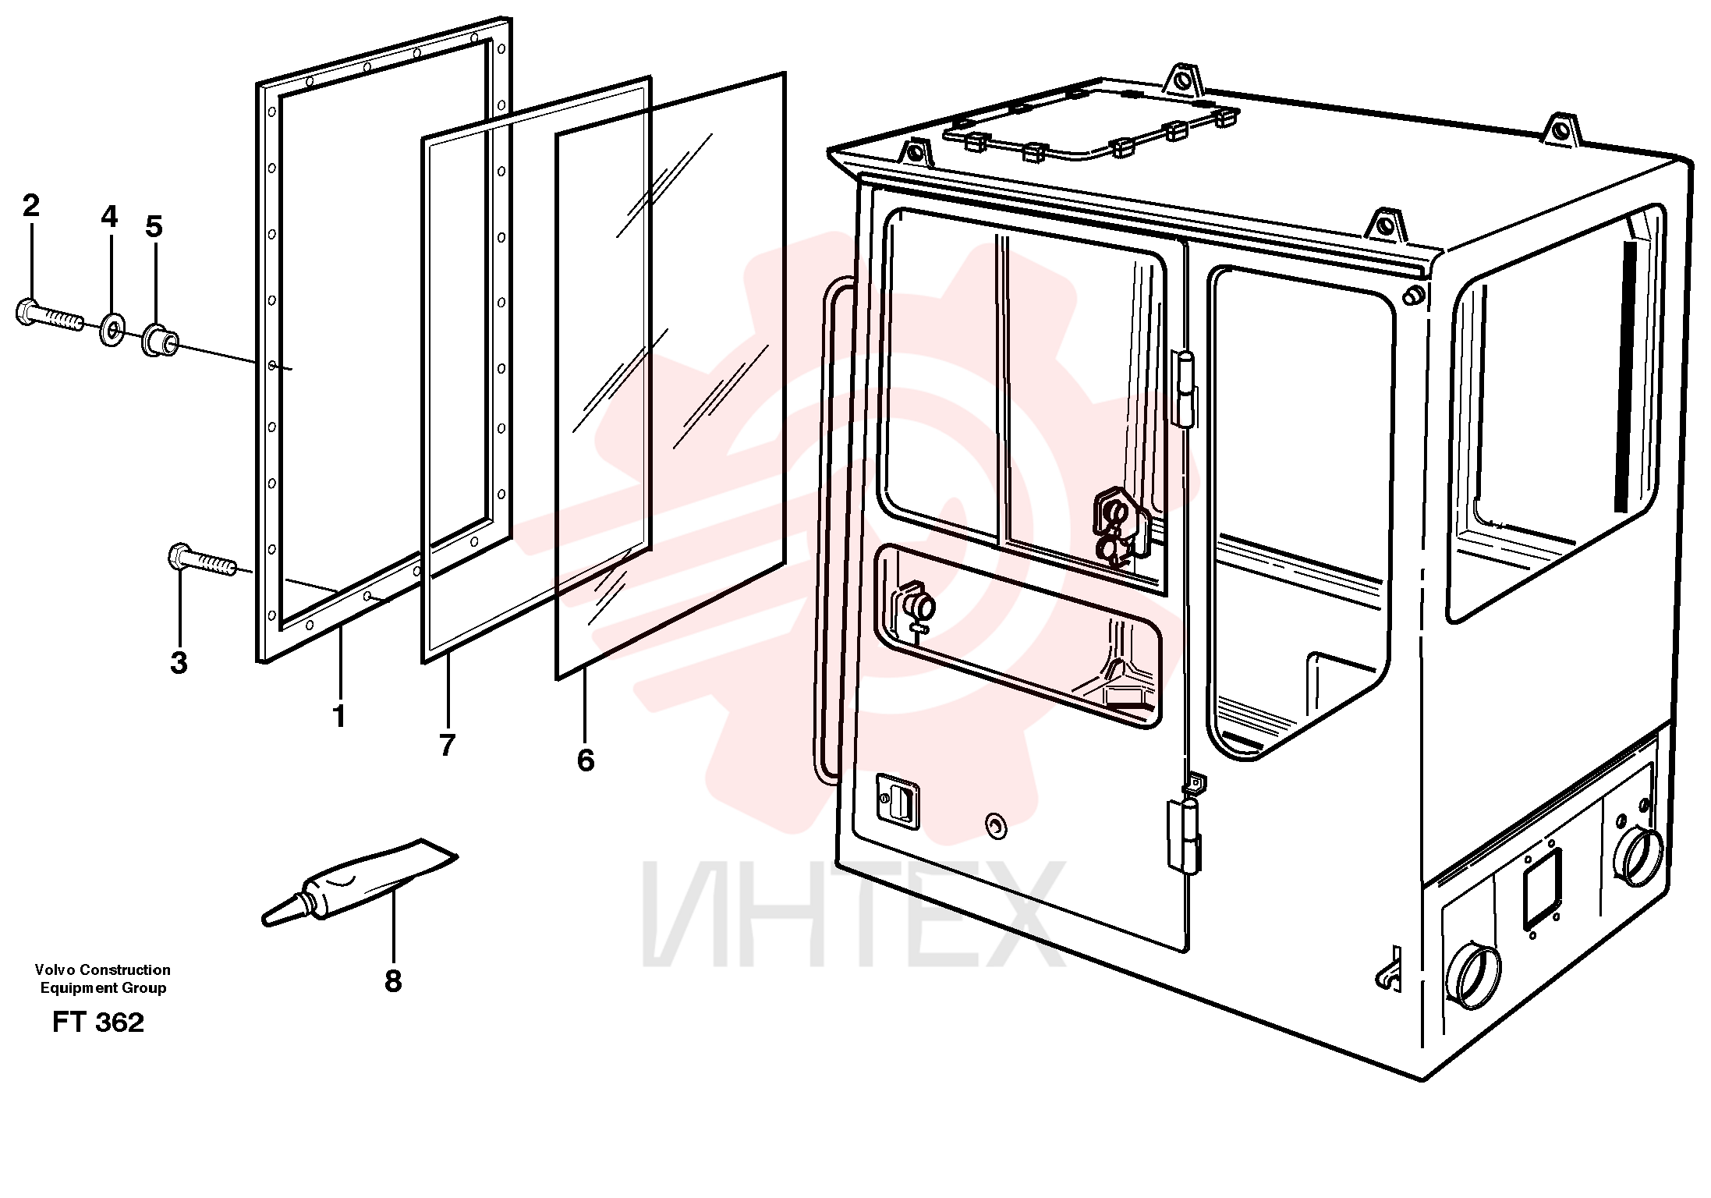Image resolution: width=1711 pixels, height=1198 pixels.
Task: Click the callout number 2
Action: pos(30,206)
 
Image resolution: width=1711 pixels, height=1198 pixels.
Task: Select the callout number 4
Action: pos(109,217)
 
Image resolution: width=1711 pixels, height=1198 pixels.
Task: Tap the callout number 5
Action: pos(154,227)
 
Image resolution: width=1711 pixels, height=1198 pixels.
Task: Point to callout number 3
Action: pos(179,663)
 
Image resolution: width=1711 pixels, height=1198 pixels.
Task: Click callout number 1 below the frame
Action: pos(338,716)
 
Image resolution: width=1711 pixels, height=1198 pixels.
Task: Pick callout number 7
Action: pos(447,746)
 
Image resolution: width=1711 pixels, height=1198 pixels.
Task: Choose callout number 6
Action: pos(586,760)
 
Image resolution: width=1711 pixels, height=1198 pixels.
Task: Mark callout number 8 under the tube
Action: pos(393,981)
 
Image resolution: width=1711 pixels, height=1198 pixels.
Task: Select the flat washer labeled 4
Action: pos(112,330)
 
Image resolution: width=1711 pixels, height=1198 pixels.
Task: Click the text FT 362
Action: pos(98,1023)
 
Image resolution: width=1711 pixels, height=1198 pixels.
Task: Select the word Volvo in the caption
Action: pos(53,969)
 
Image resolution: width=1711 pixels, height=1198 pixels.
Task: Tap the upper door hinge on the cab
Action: pos(1185,388)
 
